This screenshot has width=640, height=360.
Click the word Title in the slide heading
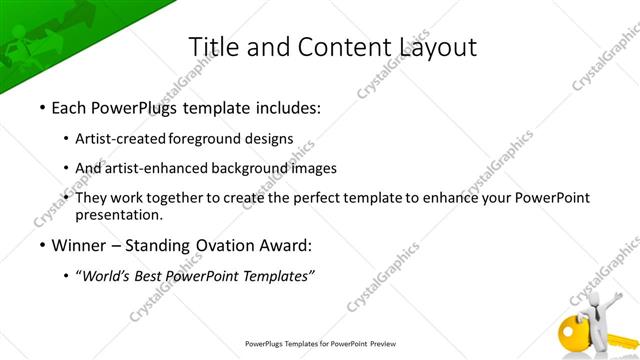(x=213, y=46)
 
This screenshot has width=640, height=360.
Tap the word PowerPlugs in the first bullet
(x=133, y=105)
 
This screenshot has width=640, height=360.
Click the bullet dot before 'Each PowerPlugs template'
(x=41, y=105)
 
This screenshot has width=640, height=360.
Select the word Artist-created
(x=128, y=138)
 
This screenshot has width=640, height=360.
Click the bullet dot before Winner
(x=41, y=244)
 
